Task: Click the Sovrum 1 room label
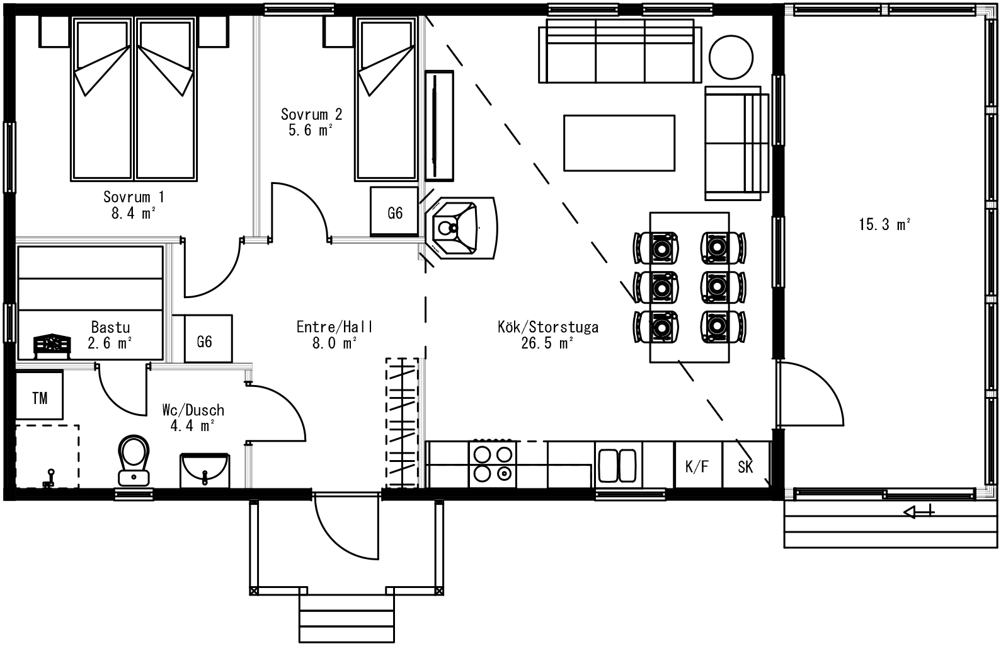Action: (x=134, y=197)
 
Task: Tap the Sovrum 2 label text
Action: (x=311, y=115)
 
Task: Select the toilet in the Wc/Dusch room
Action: (x=134, y=461)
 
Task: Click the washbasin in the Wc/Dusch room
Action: (x=205, y=470)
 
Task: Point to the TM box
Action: (x=39, y=395)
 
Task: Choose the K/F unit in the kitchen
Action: (x=698, y=465)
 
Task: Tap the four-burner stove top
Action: (x=493, y=464)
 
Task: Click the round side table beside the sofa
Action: (x=731, y=57)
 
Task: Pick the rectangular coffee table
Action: (x=619, y=143)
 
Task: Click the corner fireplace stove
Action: (x=460, y=228)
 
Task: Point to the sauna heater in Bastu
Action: (x=52, y=346)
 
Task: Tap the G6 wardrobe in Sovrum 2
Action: (x=394, y=212)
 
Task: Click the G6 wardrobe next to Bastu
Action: (x=209, y=338)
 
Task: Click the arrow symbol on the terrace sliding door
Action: (x=918, y=511)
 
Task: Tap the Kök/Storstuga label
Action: (x=548, y=327)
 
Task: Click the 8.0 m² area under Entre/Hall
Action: (x=335, y=343)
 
